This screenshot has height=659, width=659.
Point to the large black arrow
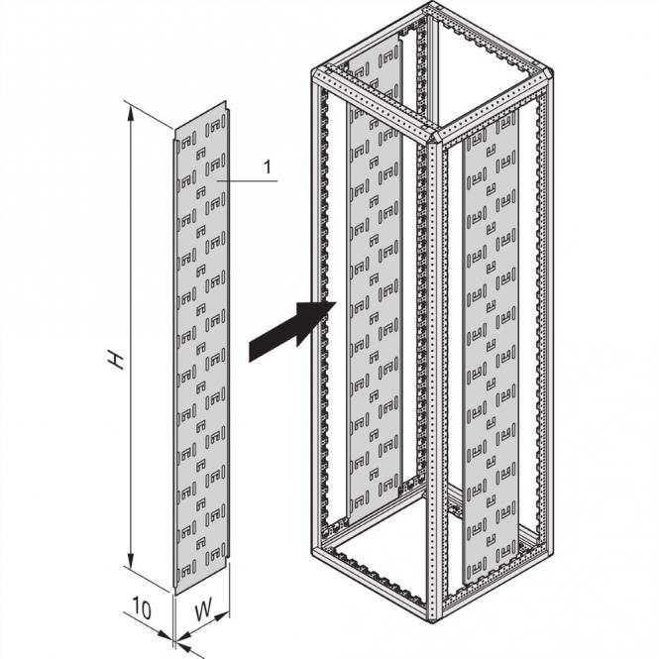click(x=288, y=329)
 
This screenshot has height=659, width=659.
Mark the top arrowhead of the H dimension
click(x=131, y=108)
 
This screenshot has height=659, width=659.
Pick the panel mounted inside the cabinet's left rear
click(x=374, y=297)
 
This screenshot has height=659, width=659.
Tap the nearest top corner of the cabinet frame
click(x=433, y=134)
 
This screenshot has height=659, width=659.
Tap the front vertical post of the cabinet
click(x=434, y=377)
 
